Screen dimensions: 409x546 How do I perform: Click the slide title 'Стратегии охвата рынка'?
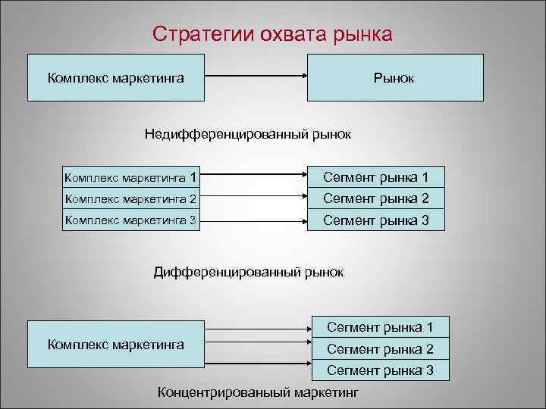(x=272, y=35)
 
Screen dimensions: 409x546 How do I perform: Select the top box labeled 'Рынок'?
(x=394, y=77)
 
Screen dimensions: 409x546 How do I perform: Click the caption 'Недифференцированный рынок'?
(x=248, y=134)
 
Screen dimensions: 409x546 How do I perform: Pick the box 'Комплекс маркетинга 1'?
(x=132, y=178)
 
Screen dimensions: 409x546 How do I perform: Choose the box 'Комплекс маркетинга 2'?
(x=132, y=199)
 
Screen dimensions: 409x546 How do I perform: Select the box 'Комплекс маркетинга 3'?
(x=132, y=221)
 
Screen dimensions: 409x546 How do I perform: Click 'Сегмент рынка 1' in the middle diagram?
(x=376, y=178)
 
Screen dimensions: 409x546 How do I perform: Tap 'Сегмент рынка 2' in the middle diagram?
(x=376, y=199)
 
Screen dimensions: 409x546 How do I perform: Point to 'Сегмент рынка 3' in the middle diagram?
(x=376, y=221)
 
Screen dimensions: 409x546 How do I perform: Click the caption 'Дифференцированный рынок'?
(x=249, y=271)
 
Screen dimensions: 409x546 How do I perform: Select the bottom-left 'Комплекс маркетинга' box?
(x=116, y=344)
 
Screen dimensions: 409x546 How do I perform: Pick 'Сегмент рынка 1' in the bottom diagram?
(x=380, y=328)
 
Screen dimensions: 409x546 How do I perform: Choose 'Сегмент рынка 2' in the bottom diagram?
(x=380, y=349)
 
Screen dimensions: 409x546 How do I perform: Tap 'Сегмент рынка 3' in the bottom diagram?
(x=380, y=370)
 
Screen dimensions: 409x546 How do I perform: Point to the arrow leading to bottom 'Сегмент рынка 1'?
(x=259, y=329)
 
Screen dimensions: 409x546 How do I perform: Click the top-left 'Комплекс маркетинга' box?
(x=116, y=77)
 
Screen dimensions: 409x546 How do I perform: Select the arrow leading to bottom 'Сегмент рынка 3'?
(x=259, y=363)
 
